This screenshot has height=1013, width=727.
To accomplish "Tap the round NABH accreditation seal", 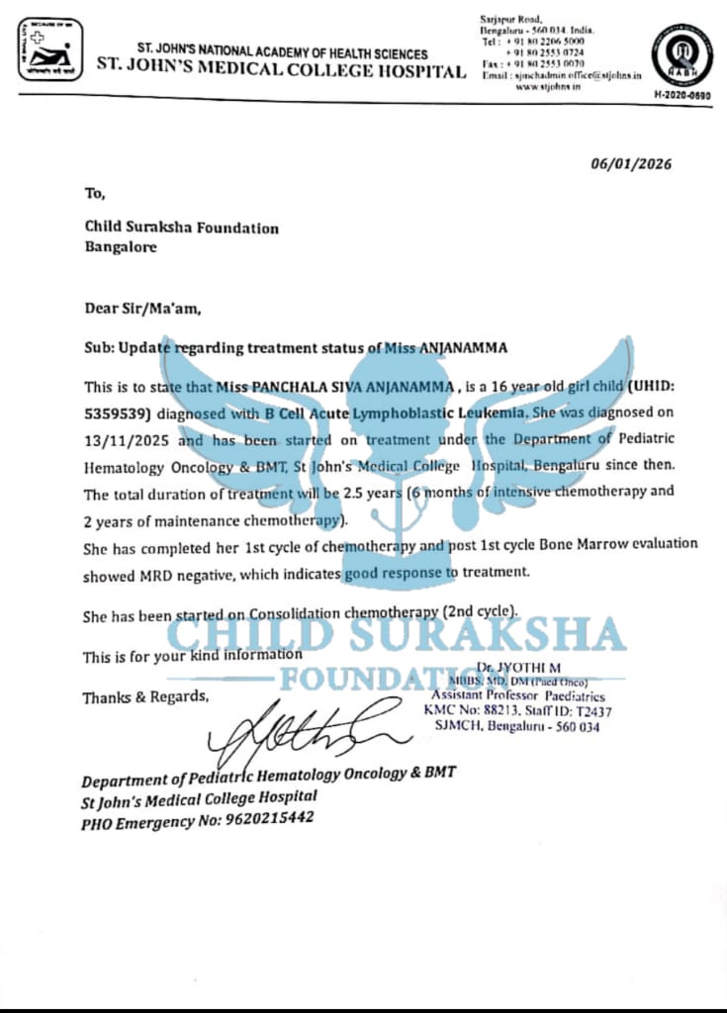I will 682,51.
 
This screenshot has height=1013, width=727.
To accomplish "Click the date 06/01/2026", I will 631,164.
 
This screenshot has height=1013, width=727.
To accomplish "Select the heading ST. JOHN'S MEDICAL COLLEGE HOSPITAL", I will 281,71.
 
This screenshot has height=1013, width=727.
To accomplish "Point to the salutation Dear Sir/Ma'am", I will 142,308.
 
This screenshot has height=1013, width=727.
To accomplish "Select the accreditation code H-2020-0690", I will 682,93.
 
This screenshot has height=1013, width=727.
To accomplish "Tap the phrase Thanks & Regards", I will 145,697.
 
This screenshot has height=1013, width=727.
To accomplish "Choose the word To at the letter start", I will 95,193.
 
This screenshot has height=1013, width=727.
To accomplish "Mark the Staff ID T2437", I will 595,710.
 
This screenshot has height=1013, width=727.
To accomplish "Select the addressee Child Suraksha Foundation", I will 182,228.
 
